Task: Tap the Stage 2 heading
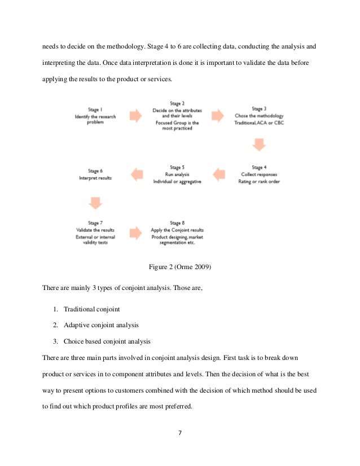[x=177, y=104]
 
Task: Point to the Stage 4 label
[x=259, y=168]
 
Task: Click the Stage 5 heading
[x=177, y=168]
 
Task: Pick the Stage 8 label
[x=177, y=223]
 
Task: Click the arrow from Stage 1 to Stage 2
[x=136, y=116]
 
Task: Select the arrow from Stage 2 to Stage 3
[x=218, y=116]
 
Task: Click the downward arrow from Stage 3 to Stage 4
[x=259, y=144]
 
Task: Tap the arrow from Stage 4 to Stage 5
[x=218, y=173]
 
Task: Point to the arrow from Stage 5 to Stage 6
[x=136, y=174]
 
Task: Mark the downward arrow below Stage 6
[x=95, y=202]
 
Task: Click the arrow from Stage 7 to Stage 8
[x=136, y=232]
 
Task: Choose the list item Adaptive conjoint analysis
[x=101, y=325]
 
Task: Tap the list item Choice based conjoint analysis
[x=107, y=341]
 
